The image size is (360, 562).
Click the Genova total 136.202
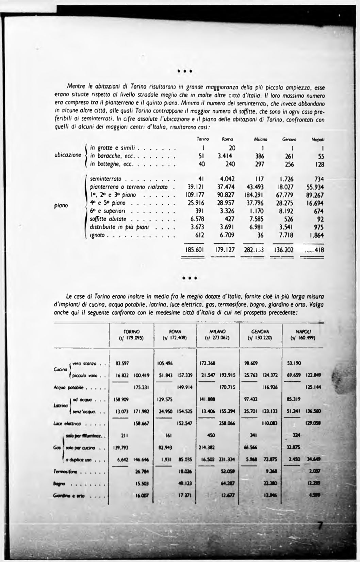[x=284, y=250]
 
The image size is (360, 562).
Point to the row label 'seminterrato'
[x=106, y=179]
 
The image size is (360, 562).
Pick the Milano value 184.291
[x=256, y=195]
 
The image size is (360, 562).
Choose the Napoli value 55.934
[x=314, y=187]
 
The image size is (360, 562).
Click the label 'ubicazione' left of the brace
[x=68, y=155]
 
